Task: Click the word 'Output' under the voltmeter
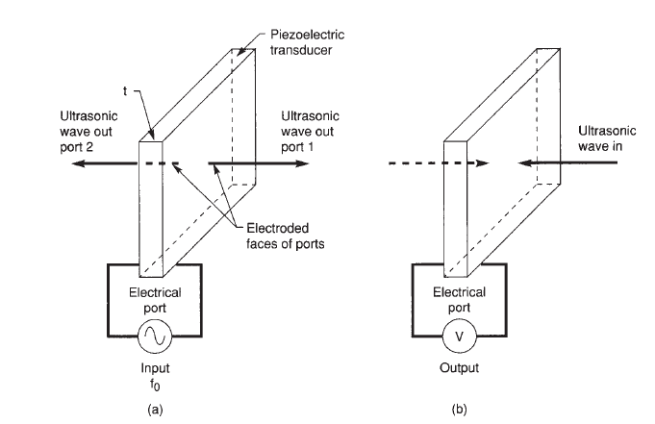(x=459, y=369)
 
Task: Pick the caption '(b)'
(x=459, y=409)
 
